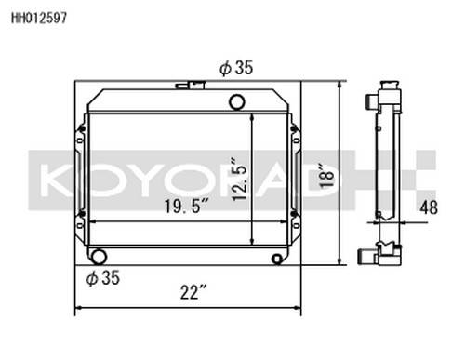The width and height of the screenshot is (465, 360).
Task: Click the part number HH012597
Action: click(39, 18)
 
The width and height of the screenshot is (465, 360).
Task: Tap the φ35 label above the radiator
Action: click(236, 68)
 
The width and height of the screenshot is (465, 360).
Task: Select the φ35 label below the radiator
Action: click(103, 277)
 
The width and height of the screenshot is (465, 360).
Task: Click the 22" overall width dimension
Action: click(193, 292)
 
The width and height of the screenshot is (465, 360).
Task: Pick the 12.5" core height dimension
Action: click(240, 180)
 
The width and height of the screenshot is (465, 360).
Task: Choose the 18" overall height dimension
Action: click(326, 175)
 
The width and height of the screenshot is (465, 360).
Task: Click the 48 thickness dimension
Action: click(429, 207)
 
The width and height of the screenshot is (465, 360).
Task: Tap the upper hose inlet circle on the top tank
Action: click(237, 101)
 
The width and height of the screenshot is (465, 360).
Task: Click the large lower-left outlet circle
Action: click(99, 257)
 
